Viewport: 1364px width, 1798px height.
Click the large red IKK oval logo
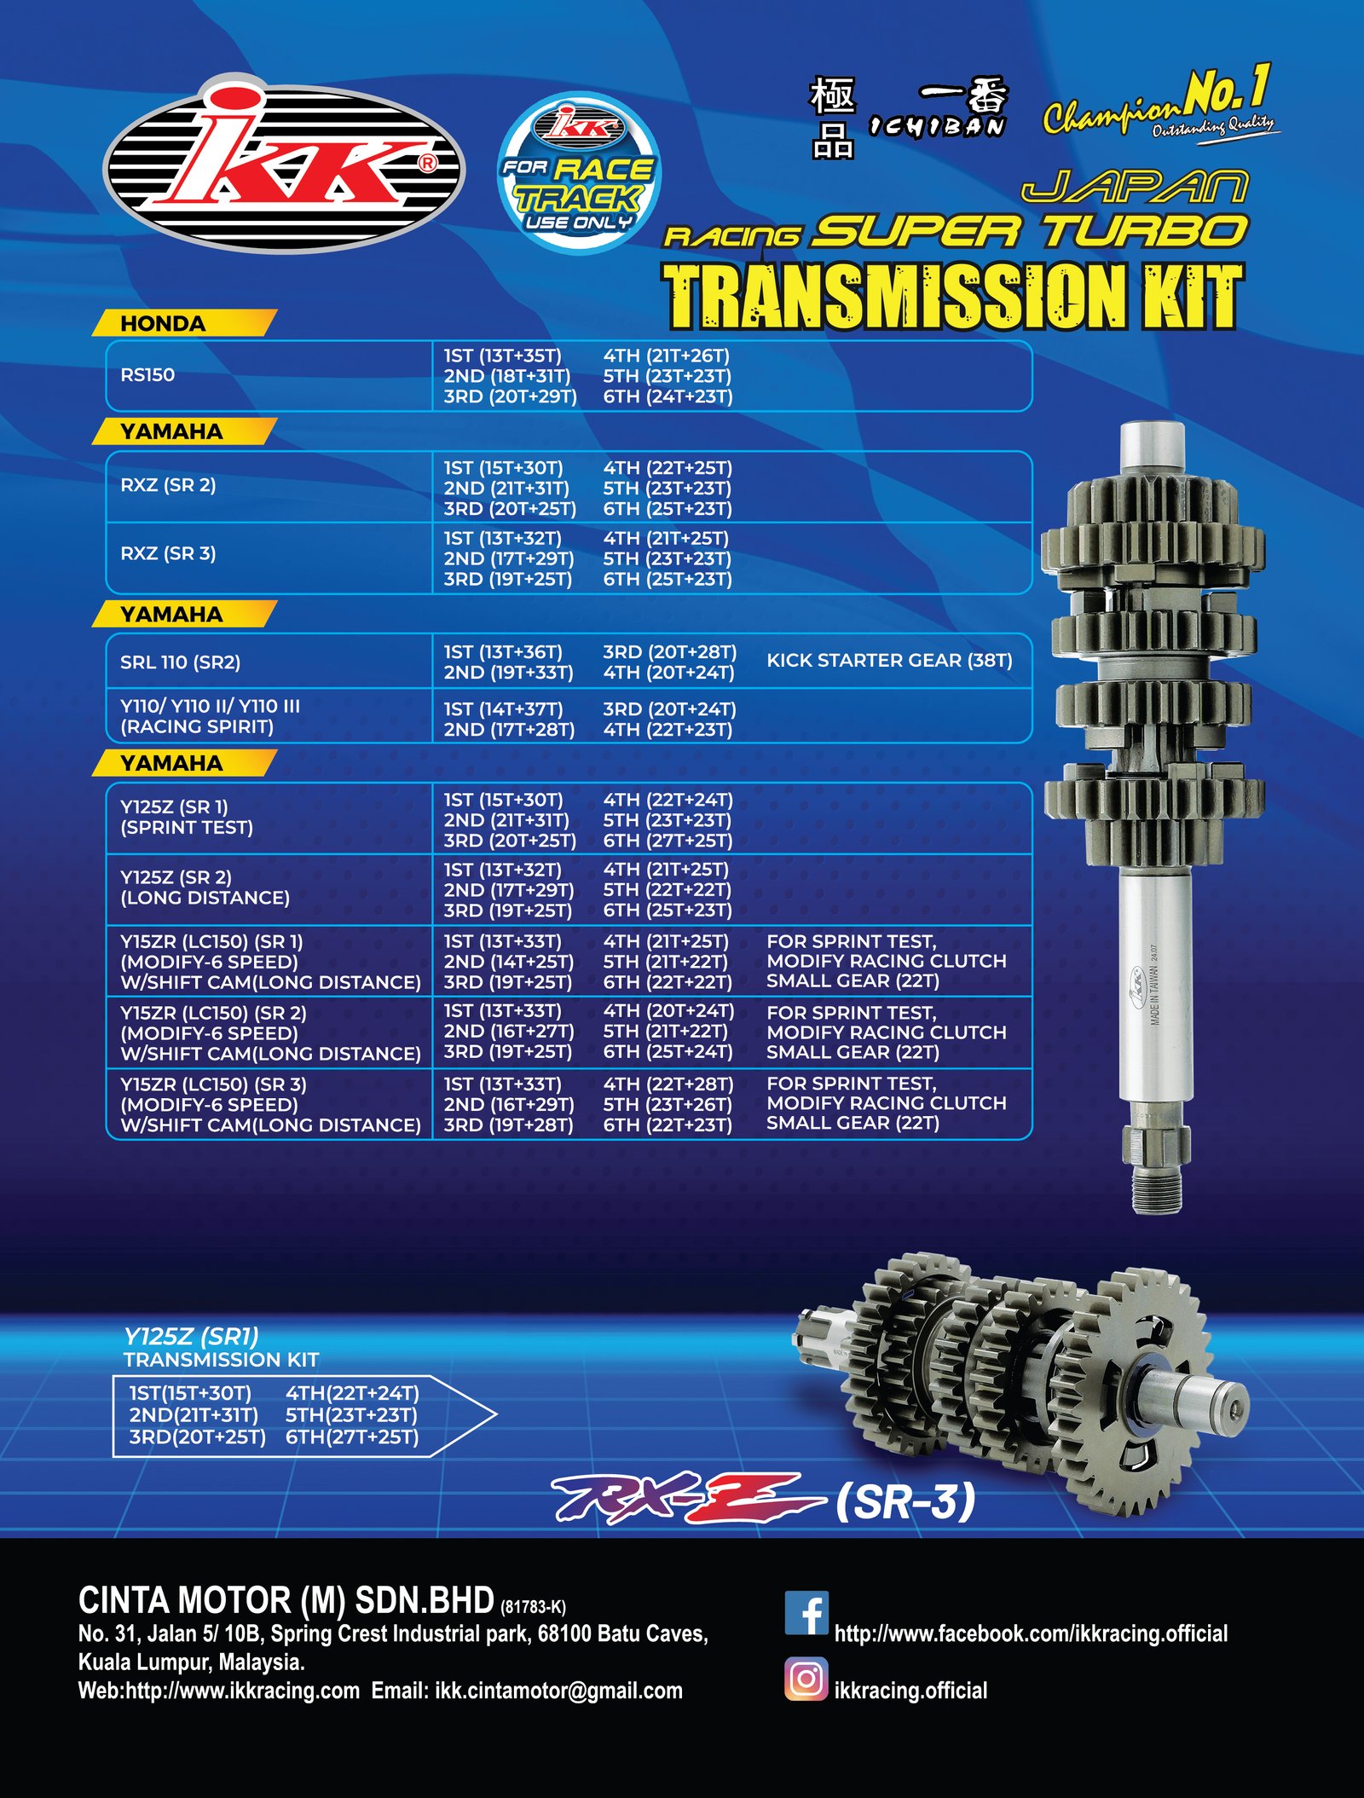coord(284,164)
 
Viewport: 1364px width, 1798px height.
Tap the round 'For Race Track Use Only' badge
coord(579,171)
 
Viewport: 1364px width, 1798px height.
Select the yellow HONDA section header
coord(184,323)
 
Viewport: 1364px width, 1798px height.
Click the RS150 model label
coord(147,375)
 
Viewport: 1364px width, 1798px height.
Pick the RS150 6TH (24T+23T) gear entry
coord(668,396)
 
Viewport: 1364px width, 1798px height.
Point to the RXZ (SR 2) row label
coord(168,485)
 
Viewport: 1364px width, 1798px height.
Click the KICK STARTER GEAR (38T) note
coord(889,661)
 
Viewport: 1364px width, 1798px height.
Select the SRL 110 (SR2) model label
coord(180,662)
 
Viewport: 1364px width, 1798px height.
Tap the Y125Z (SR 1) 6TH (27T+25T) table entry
coord(668,841)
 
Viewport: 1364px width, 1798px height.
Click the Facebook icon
coord(806,1612)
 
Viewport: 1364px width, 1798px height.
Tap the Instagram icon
coord(806,1679)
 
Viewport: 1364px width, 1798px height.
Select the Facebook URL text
coord(1031,1633)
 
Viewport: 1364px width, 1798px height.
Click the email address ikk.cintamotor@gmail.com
coord(558,1691)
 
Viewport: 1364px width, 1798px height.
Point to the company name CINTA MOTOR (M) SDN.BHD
coord(286,1600)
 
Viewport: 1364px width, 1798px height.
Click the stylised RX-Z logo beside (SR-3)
coord(687,1498)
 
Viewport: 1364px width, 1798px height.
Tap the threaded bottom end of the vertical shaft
coord(1157,1188)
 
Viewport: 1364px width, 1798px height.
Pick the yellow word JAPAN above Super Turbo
coord(1135,187)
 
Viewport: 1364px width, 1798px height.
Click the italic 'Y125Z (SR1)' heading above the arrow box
coord(191,1336)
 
